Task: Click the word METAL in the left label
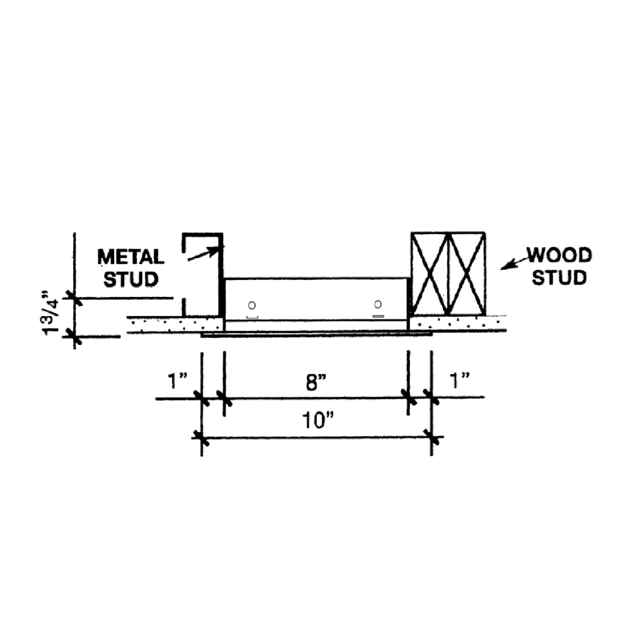coord(131,257)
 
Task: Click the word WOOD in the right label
coord(559,255)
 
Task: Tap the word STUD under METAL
coord(131,279)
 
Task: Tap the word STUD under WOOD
coord(559,278)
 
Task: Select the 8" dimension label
coord(316,383)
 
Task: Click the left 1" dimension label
coord(178,381)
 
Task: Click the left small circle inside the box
coord(252,305)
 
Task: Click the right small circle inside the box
coord(378,304)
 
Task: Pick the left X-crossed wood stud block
coord(430,273)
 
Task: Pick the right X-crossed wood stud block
coord(467,273)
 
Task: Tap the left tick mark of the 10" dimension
coord(201,437)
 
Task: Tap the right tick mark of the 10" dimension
coord(432,437)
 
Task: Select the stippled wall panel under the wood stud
coord(456,323)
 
